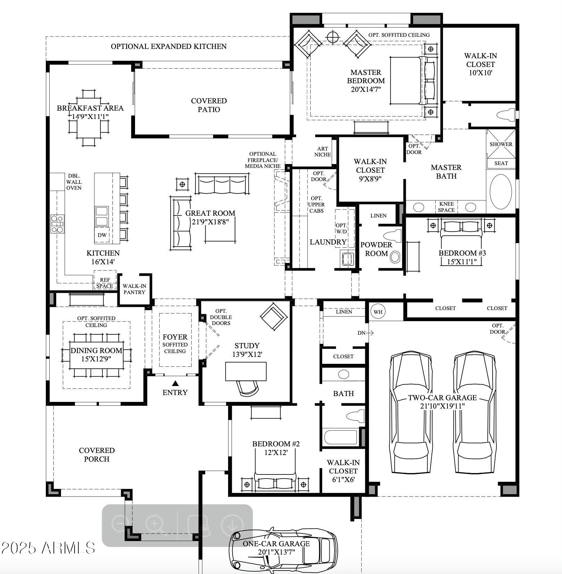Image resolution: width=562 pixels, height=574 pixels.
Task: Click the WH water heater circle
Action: tap(378, 311)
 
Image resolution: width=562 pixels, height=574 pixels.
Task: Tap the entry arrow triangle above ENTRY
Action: tap(175, 383)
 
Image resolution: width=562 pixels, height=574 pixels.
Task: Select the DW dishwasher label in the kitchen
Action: tap(102, 235)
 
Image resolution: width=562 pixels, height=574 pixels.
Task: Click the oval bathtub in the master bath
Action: tap(501, 191)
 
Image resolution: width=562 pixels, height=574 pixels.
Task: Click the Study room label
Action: tap(247, 345)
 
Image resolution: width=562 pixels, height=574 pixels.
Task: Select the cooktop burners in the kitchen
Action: tap(57, 224)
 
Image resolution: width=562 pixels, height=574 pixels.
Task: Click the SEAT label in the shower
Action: tap(501, 163)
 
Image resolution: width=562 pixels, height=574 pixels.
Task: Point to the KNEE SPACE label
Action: tap(446, 207)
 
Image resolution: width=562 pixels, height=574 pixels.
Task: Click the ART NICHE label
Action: tap(322, 152)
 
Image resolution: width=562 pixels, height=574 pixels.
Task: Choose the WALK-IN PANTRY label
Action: tap(134, 289)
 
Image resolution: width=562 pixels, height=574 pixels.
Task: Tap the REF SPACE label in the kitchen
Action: tap(105, 283)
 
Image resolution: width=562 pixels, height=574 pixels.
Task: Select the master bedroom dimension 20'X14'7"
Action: tap(366, 89)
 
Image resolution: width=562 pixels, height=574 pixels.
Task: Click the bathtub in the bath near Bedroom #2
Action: tap(341, 437)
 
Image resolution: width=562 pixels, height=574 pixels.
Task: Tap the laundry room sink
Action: tap(347, 258)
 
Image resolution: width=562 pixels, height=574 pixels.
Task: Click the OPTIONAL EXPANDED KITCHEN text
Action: tap(169, 46)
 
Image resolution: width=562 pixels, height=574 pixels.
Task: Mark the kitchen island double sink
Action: tap(102, 216)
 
